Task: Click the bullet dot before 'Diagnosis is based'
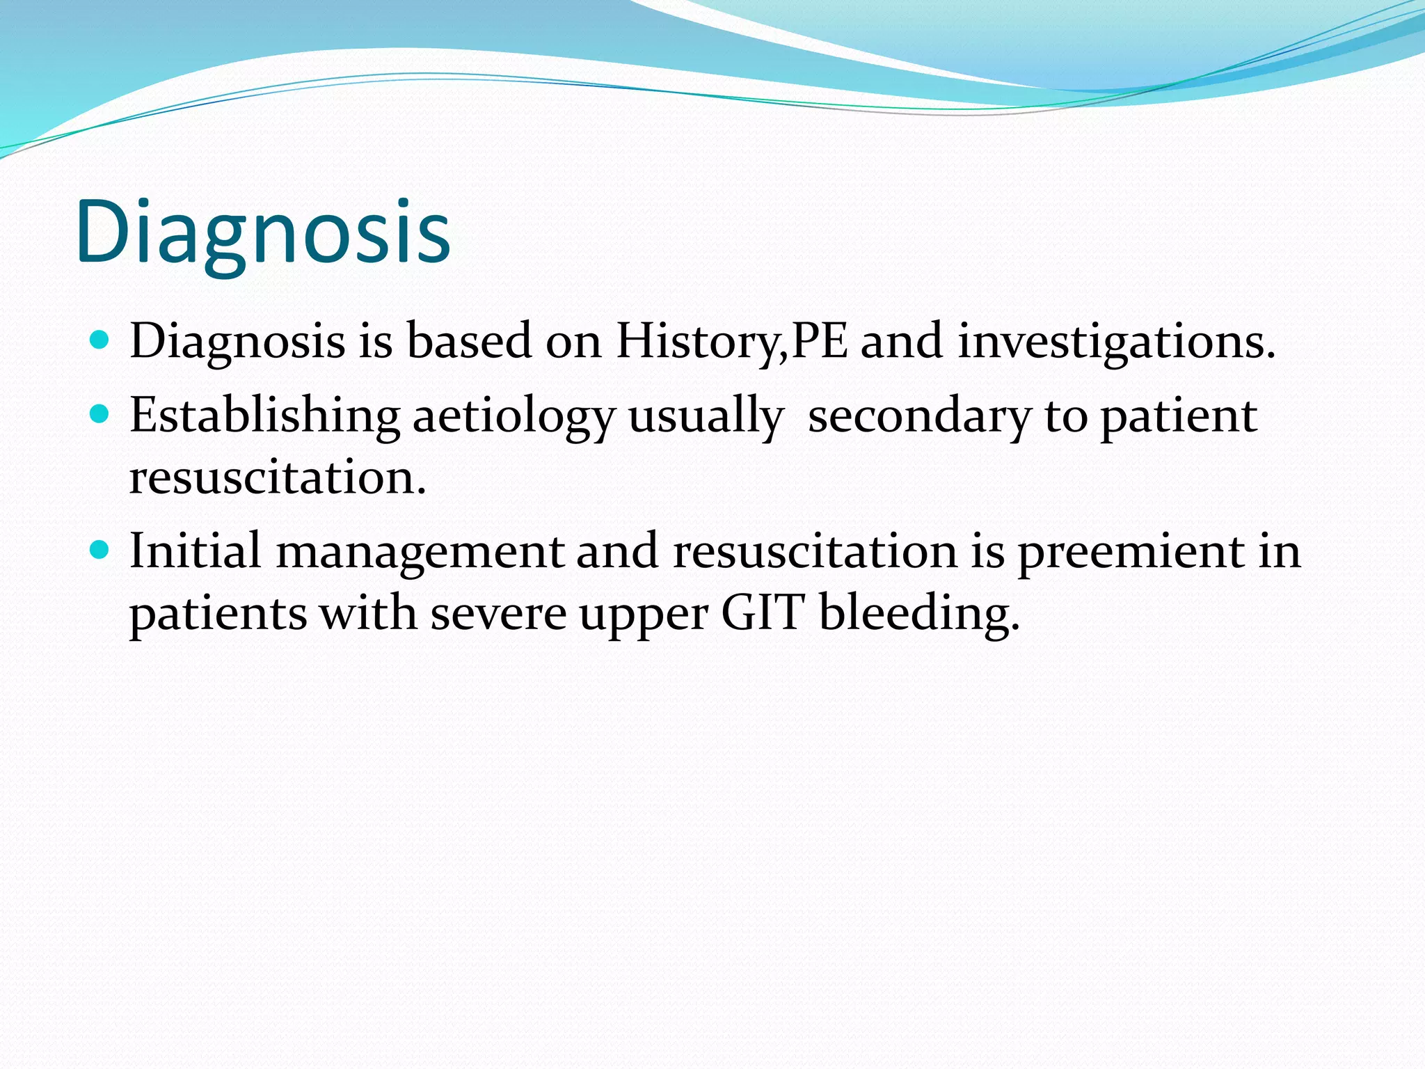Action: (x=100, y=340)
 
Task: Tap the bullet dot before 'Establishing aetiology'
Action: (x=100, y=415)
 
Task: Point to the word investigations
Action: (x=1116, y=342)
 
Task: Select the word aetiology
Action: (x=514, y=416)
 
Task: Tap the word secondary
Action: (x=919, y=416)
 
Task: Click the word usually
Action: (x=706, y=416)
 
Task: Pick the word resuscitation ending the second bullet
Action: (x=277, y=478)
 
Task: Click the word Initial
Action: (x=195, y=551)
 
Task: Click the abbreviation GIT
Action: (x=763, y=613)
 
